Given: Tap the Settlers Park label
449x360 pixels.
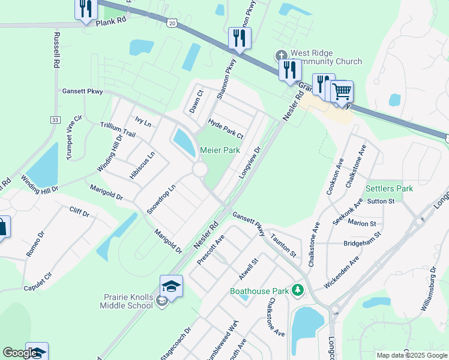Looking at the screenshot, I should click(x=389, y=188).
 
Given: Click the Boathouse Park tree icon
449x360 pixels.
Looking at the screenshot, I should click(x=297, y=291).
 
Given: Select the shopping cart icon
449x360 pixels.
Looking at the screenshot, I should click(x=342, y=92).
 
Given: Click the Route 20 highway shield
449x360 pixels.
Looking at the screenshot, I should click(x=172, y=23).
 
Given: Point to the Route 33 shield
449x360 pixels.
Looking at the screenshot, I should click(x=55, y=120).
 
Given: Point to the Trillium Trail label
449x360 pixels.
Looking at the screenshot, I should click(x=118, y=128).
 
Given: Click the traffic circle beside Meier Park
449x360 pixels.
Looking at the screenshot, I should click(x=200, y=170).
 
